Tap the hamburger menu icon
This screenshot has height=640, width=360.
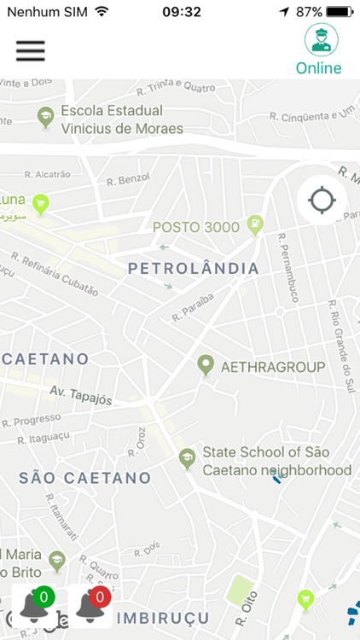(x=30, y=50)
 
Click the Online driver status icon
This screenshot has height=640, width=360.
(x=321, y=39)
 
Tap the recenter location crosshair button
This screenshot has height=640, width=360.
(x=322, y=201)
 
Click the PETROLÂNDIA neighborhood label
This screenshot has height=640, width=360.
(x=193, y=269)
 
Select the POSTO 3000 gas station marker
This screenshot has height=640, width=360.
(x=254, y=225)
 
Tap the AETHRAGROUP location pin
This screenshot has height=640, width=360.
(x=205, y=366)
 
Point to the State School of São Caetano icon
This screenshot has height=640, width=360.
(x=186, y=459)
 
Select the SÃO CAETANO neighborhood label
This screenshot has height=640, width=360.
(x=84, y=478)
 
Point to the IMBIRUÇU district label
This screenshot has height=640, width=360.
(x=162, y=617)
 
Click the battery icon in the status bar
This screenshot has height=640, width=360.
(x=340, y=12)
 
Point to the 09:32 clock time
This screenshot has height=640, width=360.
(x=182, y=12)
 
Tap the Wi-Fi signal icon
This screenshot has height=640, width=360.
(x=102, y=12)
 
